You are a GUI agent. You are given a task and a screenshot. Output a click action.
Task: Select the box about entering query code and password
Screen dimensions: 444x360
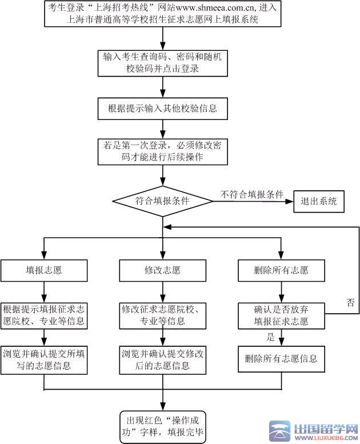click(x=163, y=63)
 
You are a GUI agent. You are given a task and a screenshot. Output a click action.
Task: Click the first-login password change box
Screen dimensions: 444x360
click(x=163, y=151)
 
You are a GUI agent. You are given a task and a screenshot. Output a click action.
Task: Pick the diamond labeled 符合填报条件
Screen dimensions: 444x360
click(x=163, y=201)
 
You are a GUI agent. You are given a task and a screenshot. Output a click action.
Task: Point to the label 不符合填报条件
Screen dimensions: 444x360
click(x=252, y=194)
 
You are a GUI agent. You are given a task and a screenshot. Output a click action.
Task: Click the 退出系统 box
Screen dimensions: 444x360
click(x=319, y=201)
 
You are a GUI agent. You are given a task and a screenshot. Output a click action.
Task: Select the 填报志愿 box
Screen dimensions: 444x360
click(x=44, y=270)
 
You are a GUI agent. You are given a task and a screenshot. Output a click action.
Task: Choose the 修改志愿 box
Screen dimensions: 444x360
click(x=163, y=270)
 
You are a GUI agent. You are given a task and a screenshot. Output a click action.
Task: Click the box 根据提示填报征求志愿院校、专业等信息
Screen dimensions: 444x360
click(x=44, y=315)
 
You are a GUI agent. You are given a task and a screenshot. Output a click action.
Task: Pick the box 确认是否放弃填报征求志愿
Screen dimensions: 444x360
click(x=281, y=315)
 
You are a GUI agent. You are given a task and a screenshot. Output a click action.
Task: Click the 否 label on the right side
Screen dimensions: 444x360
click(x=350, y=303)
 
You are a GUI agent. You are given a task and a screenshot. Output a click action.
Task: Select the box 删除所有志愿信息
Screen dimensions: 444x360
click(x=281, y=359)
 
